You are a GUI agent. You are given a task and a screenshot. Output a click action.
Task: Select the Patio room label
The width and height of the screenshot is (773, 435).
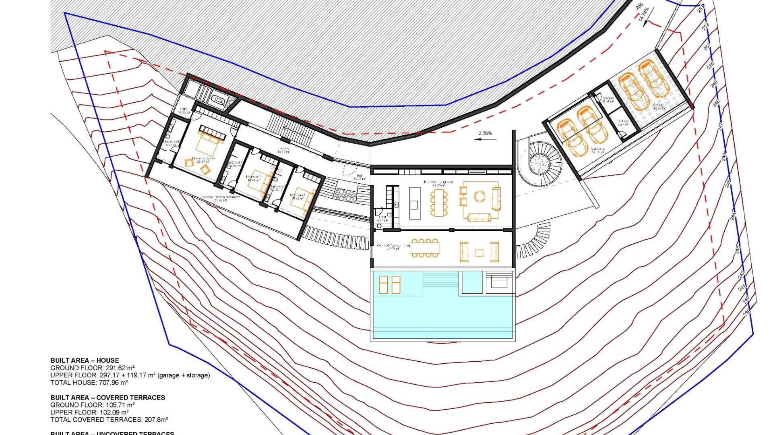[184, 109]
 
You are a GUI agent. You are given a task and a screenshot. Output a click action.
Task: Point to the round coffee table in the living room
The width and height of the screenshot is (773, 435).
[480, 197]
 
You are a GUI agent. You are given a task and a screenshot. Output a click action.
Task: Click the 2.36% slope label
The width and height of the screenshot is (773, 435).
[485, 133]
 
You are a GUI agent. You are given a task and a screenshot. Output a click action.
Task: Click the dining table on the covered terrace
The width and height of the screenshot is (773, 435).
[425, 248]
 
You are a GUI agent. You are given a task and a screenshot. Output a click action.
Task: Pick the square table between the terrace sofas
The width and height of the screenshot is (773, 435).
[479, 253]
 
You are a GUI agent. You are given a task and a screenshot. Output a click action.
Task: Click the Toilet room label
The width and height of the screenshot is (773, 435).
[382, 217]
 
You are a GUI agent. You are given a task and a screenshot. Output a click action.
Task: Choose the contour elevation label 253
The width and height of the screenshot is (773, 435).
[701, 8]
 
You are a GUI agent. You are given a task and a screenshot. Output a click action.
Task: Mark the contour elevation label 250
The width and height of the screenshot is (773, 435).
[711, 64]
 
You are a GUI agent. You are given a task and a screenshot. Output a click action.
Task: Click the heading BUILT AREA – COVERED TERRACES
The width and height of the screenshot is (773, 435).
[107, 398]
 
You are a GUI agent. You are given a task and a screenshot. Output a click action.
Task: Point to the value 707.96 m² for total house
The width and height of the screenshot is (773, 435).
[113, 383]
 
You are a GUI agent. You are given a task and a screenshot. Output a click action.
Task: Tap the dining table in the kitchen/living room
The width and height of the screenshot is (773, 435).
[438, 202]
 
